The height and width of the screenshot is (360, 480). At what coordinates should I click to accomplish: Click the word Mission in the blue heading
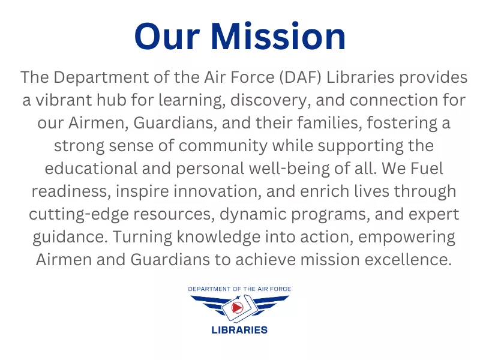pos(278,36)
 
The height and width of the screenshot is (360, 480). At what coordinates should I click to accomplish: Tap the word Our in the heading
pos(167,37)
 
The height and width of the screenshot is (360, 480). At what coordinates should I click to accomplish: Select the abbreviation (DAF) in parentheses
pos(301,77)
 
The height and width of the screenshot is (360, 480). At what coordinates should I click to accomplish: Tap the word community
pos(223,146)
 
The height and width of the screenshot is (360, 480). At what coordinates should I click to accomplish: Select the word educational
pos(91,169)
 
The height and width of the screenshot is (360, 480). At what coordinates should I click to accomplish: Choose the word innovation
pos(217,191)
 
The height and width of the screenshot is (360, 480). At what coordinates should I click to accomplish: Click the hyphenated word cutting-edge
pos(79,214)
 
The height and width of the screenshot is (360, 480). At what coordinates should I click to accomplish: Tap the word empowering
pos(407,237)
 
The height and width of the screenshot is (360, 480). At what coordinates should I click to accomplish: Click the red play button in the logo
pos(237,307)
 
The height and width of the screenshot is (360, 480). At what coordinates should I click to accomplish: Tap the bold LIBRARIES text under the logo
pos(239,330)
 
